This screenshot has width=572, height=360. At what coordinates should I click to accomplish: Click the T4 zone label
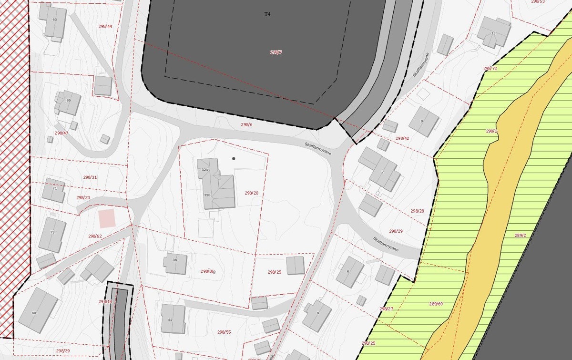[267, 14]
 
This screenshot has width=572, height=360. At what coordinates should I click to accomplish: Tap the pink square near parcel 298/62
[106, 218]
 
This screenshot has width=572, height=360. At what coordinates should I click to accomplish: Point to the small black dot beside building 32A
[234, 158]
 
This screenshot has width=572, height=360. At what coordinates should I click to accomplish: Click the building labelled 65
[68, 102]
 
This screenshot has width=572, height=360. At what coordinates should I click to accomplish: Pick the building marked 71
[54, 190]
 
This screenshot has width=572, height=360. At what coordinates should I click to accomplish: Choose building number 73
[52, 234]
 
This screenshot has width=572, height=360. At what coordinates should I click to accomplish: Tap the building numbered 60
[37, 310]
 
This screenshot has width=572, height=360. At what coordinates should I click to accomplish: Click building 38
[175, 263]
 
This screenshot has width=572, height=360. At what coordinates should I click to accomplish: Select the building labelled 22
[173, 318]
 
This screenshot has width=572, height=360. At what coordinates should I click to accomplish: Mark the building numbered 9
[423, 121]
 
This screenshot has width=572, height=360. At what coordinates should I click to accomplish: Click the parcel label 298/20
[252, 193]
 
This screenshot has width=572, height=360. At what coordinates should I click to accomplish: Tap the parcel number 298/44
[105, 26]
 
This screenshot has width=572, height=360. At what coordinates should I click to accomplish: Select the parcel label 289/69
[436, 304]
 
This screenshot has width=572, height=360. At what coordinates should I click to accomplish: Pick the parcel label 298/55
[224, 332]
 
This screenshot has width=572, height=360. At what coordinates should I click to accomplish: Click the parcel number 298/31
[90, 177]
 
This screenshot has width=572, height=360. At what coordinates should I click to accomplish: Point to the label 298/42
[402, 138]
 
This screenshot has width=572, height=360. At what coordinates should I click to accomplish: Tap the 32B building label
[207, 195]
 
